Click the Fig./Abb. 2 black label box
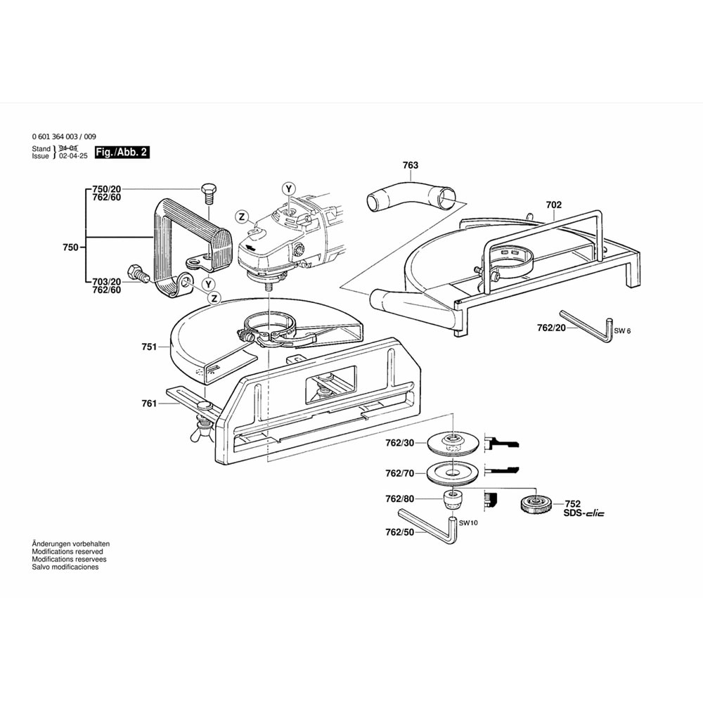coord(122,152)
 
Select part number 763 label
coord(411,165)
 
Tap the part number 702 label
coord(554,205)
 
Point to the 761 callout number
coord(148,404)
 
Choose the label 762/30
coord(400,443)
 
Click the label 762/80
coord(400,499)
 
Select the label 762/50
coord(400,533)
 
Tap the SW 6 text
coord(622,330)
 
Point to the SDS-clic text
coord(583,513)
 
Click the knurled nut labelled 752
coord(535,504)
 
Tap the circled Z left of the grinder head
coord(241,216)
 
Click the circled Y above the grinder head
coord(288,188)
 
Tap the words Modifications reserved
coord(67,552)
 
